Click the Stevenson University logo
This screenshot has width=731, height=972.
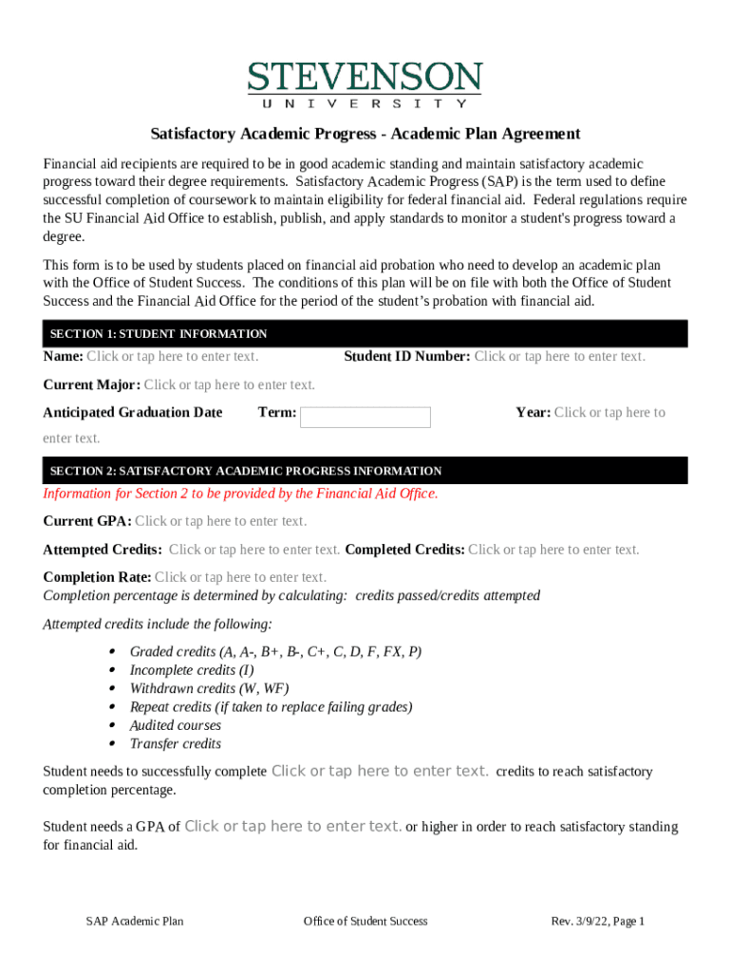point(365,84)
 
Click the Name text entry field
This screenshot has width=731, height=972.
point(172,357)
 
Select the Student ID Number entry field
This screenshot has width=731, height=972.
point(559,357)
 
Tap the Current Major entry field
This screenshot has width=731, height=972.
point(229,384)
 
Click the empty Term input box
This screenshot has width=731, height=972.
point(365,418)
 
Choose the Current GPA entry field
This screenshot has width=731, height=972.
point(220,521)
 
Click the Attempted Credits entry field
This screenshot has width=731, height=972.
point(253,550)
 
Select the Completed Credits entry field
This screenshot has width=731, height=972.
point(553,550)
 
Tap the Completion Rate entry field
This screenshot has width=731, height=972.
point(240,577)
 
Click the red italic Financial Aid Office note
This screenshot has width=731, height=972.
point(240,494)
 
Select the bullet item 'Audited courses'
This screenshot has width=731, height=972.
point(175,725)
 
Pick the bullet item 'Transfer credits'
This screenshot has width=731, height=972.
point(175,743)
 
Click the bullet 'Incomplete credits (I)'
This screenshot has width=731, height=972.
point(191,670)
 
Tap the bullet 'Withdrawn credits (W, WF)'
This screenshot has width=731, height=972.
point(209,688)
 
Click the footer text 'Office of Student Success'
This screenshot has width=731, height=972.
point(365,921)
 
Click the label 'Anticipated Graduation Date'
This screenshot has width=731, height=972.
point(133,412)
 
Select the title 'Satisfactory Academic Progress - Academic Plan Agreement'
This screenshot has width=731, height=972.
point(365,134)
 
